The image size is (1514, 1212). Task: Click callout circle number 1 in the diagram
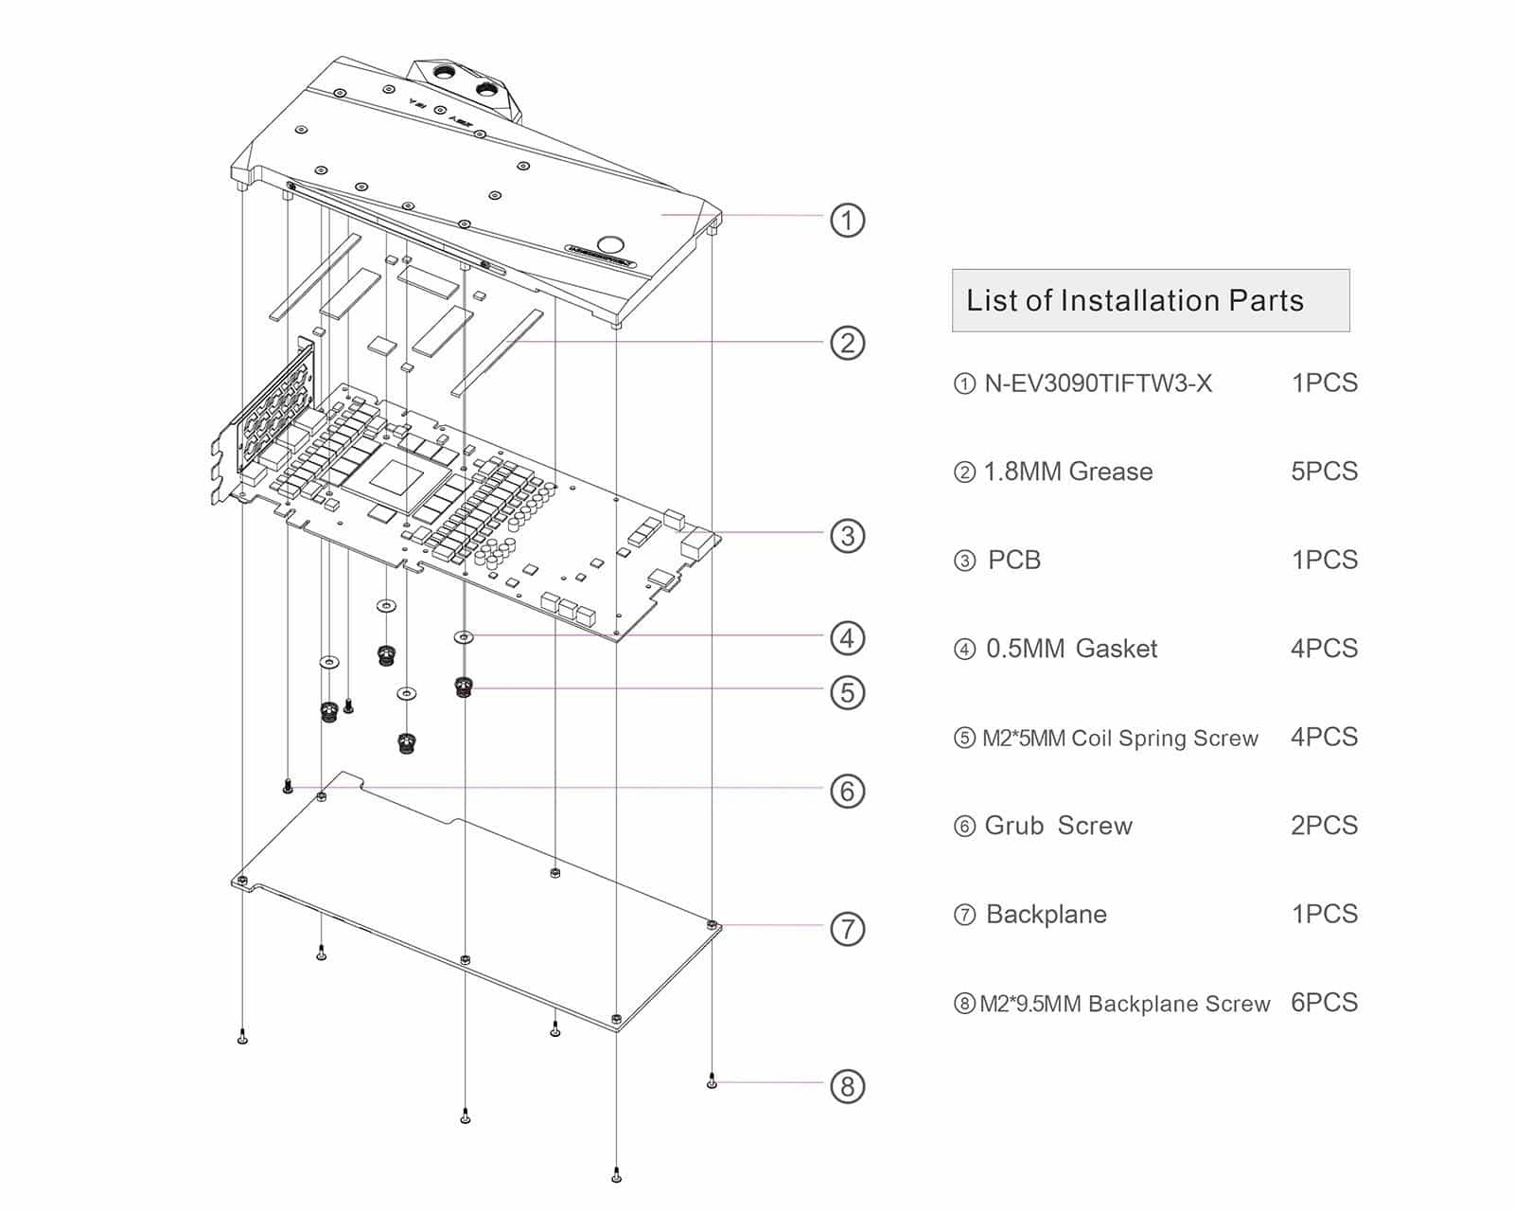click(x=847, y=221)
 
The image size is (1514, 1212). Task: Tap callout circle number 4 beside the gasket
click(x=847, y=638)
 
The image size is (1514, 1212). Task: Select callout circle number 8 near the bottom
click(x=847, y=1086)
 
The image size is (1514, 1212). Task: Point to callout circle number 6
click(x=847, y=791)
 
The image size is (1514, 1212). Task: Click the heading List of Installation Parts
click(x=1135, y=301)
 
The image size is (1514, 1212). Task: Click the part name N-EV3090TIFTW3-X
click(x=1098, y=383)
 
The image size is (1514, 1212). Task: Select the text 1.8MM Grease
click(x=1067, y=472)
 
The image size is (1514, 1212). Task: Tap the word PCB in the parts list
click(x=1013, y=560)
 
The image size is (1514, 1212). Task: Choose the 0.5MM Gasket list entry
click(x=1071, y=649)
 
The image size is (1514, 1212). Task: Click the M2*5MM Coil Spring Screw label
click(x=1119, y=738)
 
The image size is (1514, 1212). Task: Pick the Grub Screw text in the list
click(x=1058, y=826)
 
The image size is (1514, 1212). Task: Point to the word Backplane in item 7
click(x=1046, y=915)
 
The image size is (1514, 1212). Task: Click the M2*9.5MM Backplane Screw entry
click(x=1124, y=1004)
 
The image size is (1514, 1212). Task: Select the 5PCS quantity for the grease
click(x=1324, y=472)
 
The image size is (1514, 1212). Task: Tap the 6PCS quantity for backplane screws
click(x=1324, y=1003)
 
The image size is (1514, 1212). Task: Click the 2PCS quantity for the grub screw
click(x=1324, y=826)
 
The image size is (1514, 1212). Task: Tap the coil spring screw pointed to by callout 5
click(x=463, y=686)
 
